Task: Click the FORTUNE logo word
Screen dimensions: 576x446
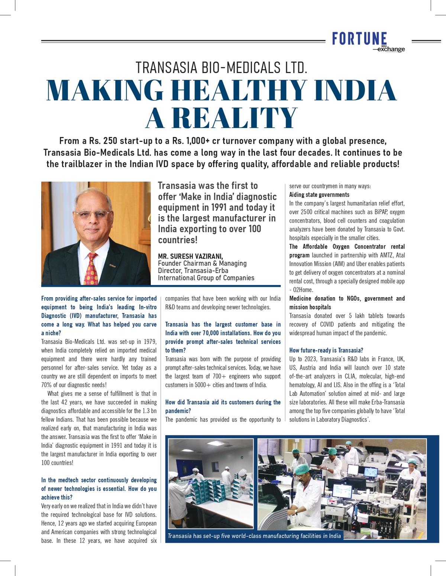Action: [x=359, y=39]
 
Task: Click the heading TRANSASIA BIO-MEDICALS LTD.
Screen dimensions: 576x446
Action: [x=222, y=68]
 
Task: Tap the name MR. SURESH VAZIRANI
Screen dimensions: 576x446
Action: [x=191, y=256]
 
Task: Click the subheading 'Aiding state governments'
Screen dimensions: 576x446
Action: [x=319, y=195]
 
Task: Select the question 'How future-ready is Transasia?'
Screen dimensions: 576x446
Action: [x=326, y=350]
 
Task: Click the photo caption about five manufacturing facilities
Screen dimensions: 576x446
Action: [x=254, y=536]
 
